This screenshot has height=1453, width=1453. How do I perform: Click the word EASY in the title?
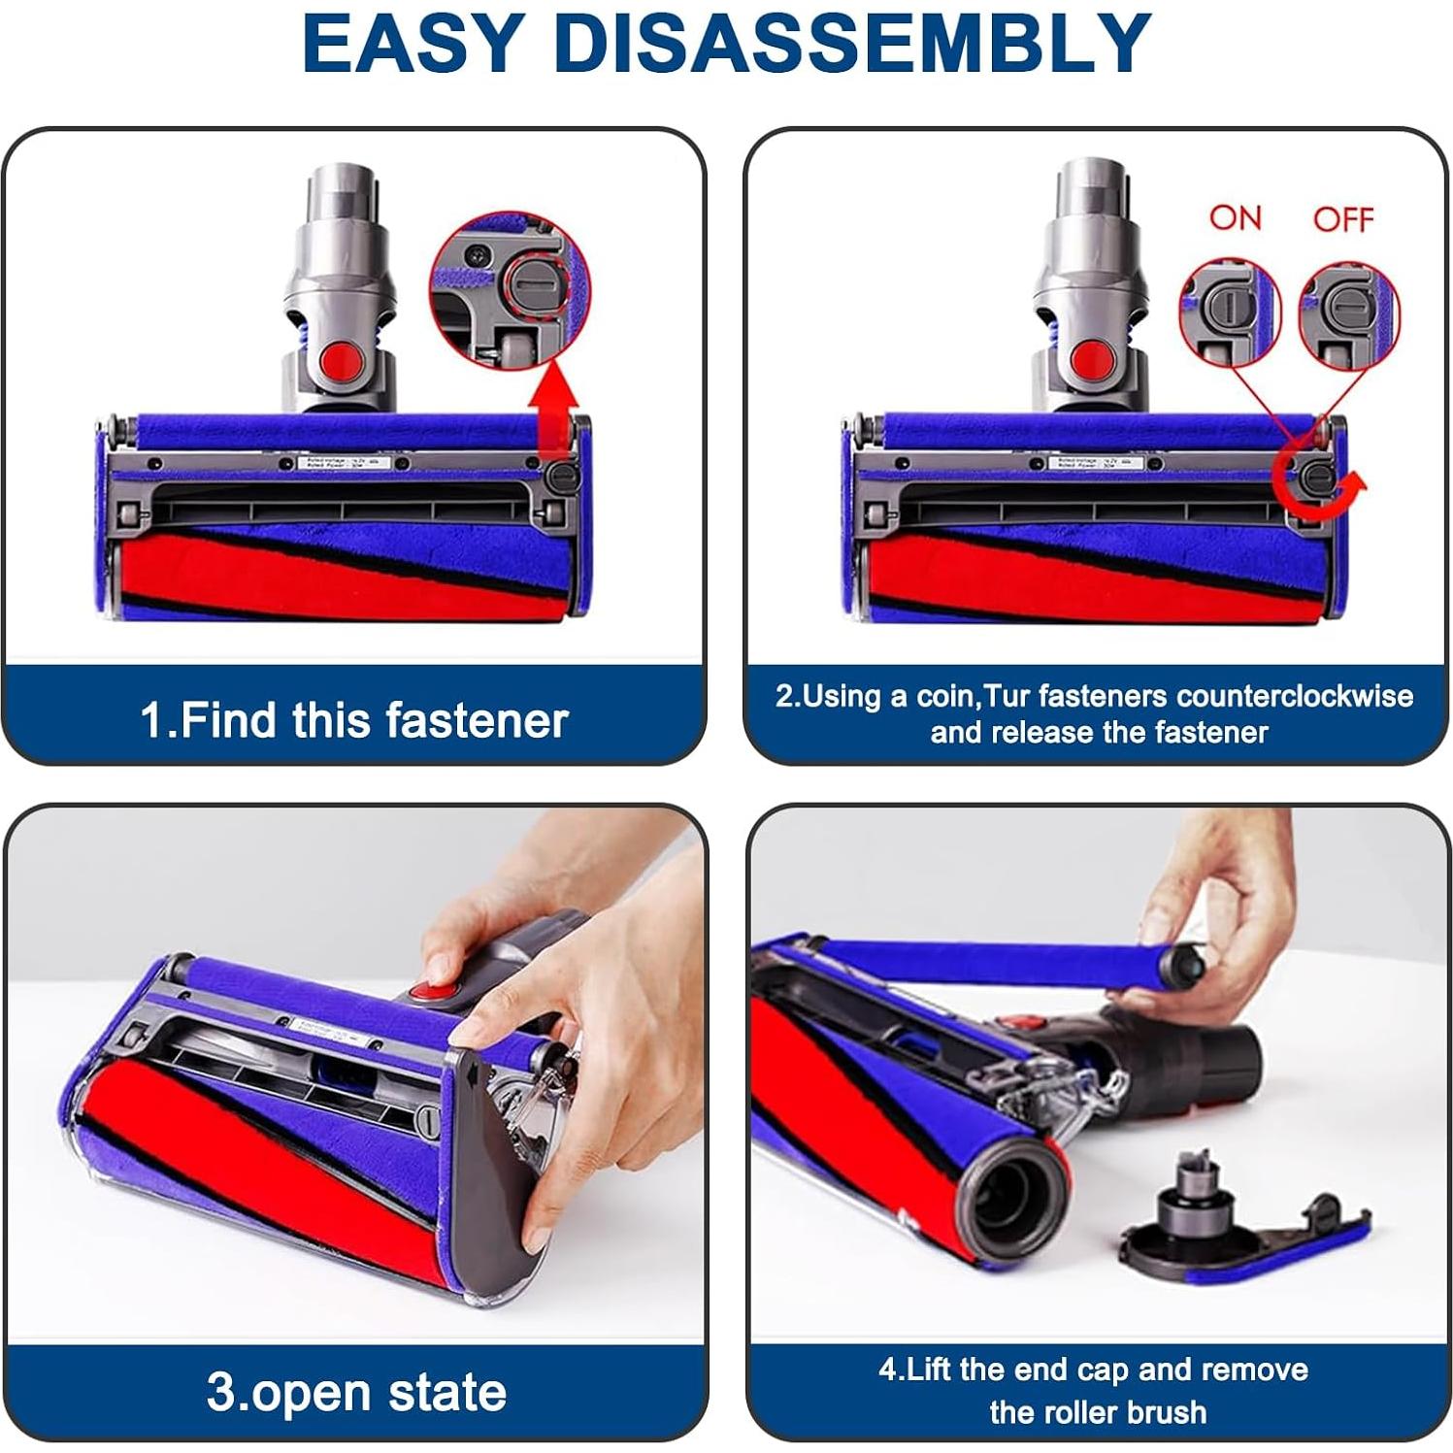point(413,44)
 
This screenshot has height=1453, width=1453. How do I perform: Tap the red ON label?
point(1235,217)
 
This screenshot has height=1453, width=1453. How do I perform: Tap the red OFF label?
point(1343,219)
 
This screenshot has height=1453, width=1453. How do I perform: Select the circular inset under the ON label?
point(1229,312)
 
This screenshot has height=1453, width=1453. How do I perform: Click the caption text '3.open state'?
point(356,1392)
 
